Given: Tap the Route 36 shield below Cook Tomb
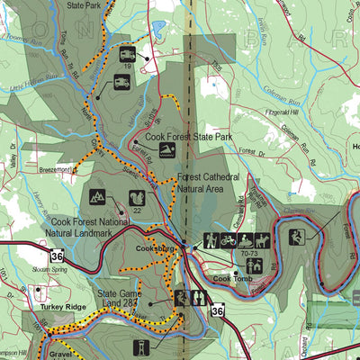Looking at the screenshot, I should click(216, 310).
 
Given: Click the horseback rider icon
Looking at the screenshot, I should click(262, 241).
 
